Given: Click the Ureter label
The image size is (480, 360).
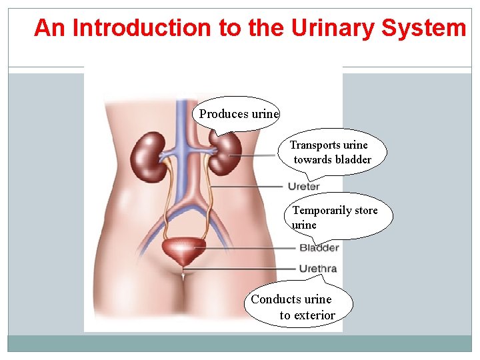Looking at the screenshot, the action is point(304,186).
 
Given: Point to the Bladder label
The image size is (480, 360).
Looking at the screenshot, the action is point(319,248).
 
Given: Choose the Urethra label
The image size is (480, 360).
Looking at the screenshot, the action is point(318,269).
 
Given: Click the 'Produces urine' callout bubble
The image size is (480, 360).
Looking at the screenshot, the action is point(239,114).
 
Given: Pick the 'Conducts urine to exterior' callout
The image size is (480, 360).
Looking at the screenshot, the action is point(300,307).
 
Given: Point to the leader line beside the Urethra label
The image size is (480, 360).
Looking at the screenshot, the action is point(240,269).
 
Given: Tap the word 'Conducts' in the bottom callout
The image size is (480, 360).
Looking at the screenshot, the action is point(273,299).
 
